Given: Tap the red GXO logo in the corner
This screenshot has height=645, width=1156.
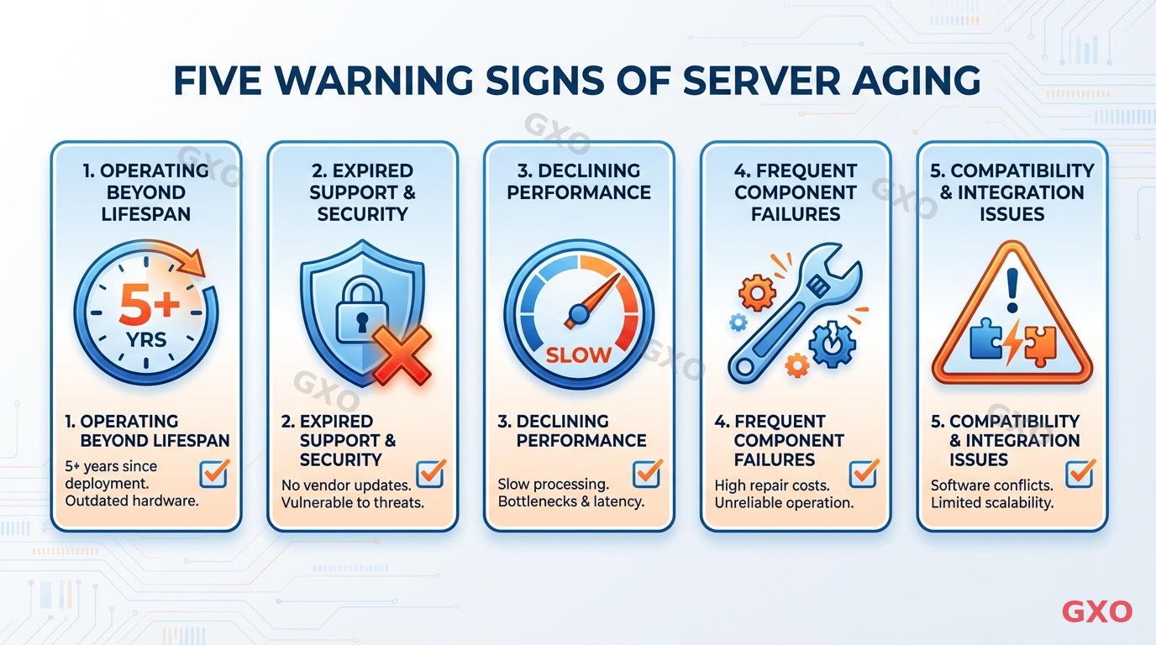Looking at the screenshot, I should pos(1097,611).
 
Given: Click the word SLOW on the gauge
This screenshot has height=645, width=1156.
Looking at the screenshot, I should pos(579,354).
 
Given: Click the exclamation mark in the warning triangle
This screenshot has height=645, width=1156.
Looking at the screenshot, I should pos(1012,290).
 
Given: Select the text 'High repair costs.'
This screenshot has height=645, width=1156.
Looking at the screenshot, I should pos(771,485).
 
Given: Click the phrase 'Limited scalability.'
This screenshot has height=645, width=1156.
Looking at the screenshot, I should pos(991,503).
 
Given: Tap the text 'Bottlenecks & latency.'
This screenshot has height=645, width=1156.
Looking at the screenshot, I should pos(570,502).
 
